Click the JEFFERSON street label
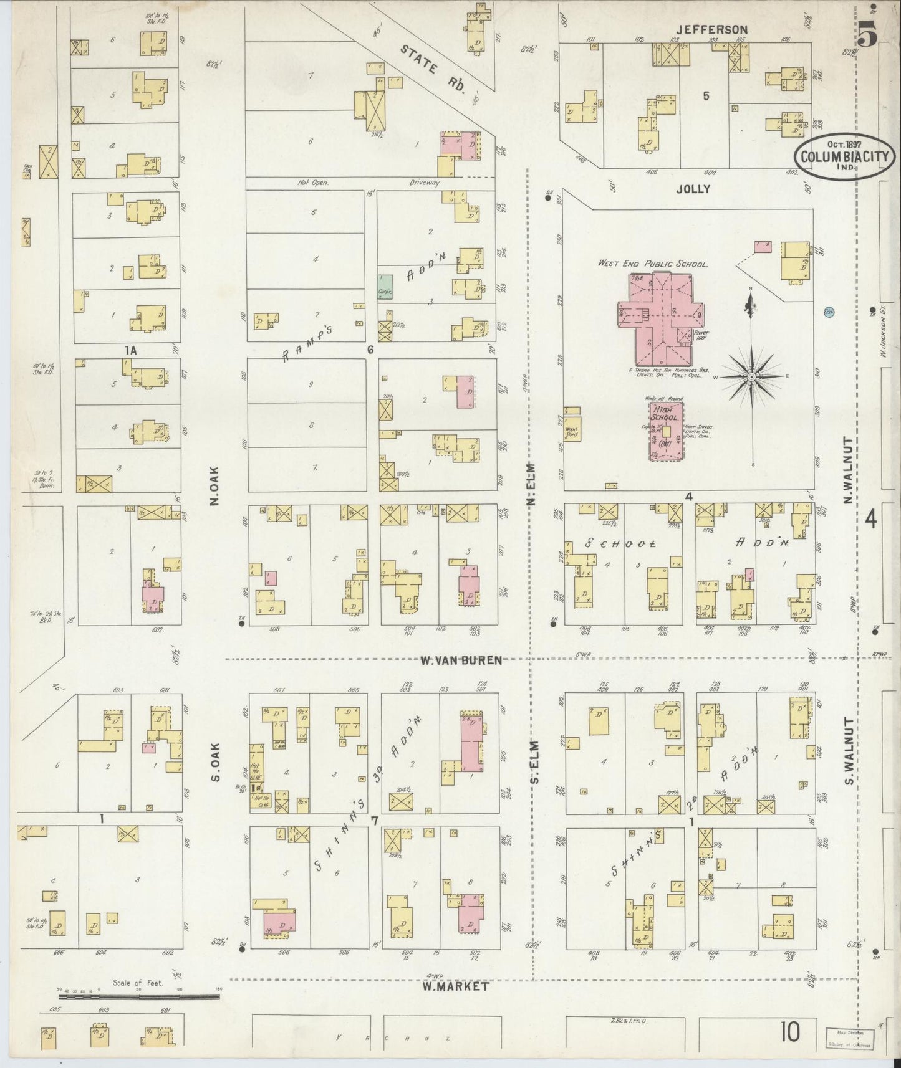(713, 29)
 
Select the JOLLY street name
(693, 189)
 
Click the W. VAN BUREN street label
(461, 660)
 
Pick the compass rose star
(752, 376)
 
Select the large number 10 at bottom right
(789, 1031)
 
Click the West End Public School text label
(653, 264)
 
